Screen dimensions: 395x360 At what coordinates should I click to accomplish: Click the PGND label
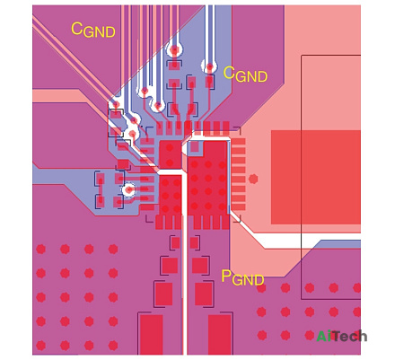[x=242, y=277]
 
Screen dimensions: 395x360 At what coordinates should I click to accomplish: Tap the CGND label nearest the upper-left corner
[x=93, y=31]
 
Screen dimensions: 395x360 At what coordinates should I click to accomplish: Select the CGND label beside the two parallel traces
[x=245, y=74]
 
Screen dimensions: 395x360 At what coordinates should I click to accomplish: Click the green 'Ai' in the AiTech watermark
[x=324, y=336]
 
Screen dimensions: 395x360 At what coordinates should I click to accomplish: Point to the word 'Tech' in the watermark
[x=349, y=336]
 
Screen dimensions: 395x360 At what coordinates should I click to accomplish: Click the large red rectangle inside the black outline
[x=316, y=177]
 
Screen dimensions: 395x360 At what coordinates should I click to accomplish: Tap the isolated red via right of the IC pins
[x=253, y=179]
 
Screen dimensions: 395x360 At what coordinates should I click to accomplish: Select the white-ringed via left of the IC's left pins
[x=129, y=189]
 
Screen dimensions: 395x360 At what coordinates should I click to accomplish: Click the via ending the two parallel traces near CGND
[x=210, y=66]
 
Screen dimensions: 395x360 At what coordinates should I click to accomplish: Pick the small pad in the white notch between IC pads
[x=195, y=146]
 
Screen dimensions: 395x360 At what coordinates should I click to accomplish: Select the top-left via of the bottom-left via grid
[x=41, y=249]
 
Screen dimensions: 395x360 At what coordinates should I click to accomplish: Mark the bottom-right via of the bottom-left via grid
[x=113, y=346]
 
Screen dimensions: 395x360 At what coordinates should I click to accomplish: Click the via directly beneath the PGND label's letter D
[x=261, y=288]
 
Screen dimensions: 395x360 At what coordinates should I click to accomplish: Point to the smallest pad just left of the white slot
[x=176, y=242]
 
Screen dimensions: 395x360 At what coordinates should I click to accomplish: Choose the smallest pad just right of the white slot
[x=195, y=242]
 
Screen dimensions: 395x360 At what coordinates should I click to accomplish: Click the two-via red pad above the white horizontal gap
[x=170, y=154]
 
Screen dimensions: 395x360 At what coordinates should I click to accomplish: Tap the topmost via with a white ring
[x=174, y=50]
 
